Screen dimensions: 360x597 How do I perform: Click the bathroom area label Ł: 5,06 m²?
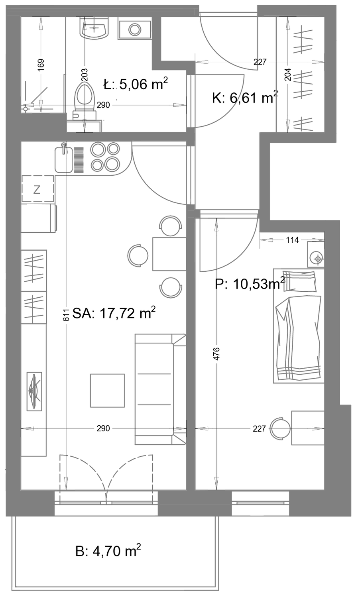pyautogui.click(x=136, y=84)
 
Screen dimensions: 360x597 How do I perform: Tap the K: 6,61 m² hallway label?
pyautogui.click(x=245, y=98)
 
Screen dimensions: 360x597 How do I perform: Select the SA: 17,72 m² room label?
pyautogui.click(x=114, y=313)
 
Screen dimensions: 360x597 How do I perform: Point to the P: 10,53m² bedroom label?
pyautogui.click(x=250, y=284)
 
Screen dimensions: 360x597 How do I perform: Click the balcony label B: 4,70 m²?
pyautogui.click(x=108, y=551)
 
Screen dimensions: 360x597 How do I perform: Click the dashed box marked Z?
pyautogui.click(x=38, y=189)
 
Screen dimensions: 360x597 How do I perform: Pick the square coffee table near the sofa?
pyautogui.click(x=108, y=391)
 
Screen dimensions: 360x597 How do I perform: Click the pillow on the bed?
pyautogui.click(x=299, y=281)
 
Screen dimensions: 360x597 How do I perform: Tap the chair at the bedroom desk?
pyautogui.click(x=280, y=428)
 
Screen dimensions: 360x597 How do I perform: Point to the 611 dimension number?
pyautogui.click(x=67, y=315)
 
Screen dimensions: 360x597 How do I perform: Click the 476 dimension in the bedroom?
pyautogui.click(x=217, y=353)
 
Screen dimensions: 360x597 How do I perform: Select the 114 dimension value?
pyautogui.click(x=292, y=240)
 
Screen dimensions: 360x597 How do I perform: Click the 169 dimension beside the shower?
pyautogui.click(x=41, y=65)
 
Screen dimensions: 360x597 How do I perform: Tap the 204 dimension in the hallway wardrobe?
pyautogui.click(x=288, y=75)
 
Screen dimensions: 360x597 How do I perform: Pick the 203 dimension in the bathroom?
pyautogui.click(x=84, y=75)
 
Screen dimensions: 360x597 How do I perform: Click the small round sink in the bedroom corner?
pyautogui.click(x=316, y=258)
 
